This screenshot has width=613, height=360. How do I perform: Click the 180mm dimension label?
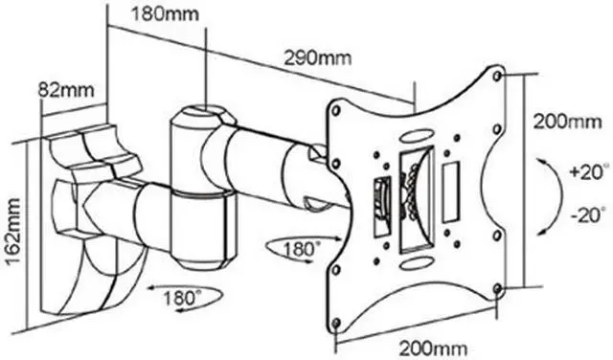[165, 14]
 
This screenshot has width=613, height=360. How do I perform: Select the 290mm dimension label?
[317, 57]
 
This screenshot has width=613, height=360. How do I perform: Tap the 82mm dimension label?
[66, 90]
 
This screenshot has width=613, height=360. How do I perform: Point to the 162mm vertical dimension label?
[13, 232]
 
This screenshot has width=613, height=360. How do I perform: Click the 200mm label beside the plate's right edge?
[568, 123]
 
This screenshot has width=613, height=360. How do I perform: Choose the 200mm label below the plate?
[433, 348]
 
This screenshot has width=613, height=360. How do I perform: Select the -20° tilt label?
[590, 215]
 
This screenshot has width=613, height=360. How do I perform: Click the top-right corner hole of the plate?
[497, 76]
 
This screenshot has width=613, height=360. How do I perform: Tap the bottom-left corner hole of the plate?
[336, 323]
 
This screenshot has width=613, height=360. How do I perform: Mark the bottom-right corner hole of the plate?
[497, 289]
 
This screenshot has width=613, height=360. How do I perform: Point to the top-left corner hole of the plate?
[336, 111]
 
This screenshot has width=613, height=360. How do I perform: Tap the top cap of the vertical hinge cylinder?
[203, 112]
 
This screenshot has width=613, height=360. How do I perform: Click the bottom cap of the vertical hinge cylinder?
[202, 262]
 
